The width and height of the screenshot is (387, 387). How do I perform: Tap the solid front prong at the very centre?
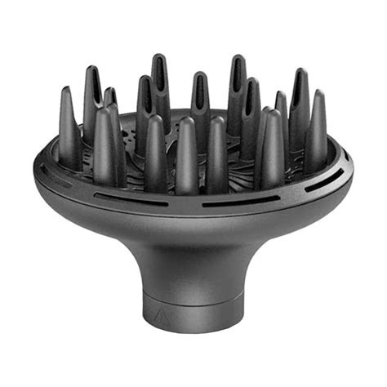coord(187,155)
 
